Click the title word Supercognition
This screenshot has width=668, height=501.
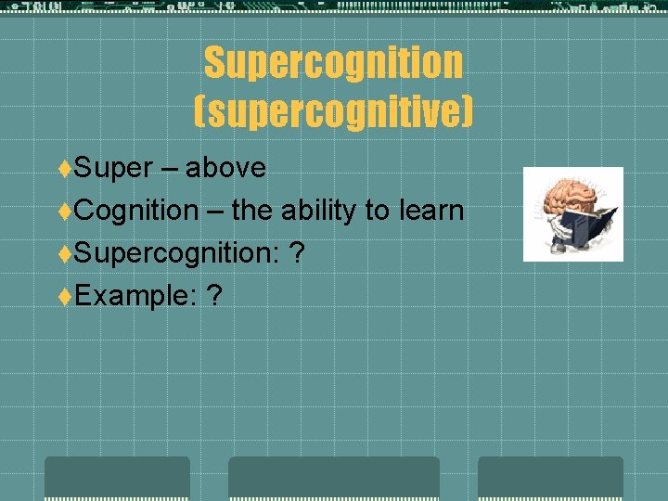click(x=333, y=63)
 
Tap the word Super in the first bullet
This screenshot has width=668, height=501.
click(x=113, y=168)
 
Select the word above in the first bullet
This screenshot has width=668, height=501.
click(x=225, y=168)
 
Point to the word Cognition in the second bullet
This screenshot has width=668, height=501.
click(x=136, y=211)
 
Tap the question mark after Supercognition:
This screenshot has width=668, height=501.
click(x=296, y=252)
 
